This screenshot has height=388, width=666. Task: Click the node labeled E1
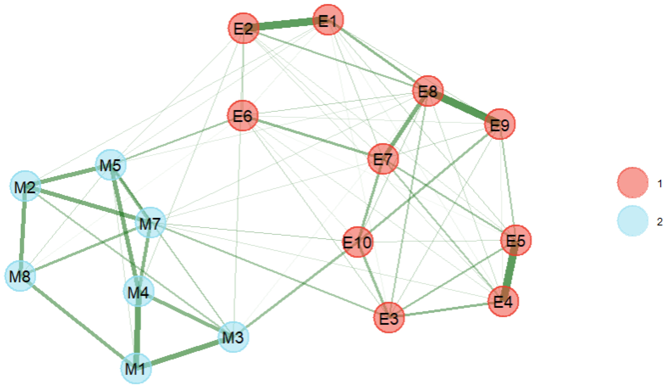pyautogui.click(x=328, y=20)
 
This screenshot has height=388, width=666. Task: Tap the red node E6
pyautogui.click(x=243, y=116)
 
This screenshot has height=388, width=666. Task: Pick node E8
pyautogui.click(x=428, y=91)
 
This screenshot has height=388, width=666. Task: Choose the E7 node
pyautogui.click(x=383, y=159)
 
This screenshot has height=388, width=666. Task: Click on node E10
pyautogui.click(x=358, y=242)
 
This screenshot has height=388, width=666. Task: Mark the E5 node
pyautogui.click(x=516, y=240)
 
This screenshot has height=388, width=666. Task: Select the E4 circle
pyautogui.click(x=503, y=301)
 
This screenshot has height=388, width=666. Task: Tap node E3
pyautogui.click(x=389, y=318)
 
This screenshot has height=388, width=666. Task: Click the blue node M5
pyautogui.click(x=111, y=165)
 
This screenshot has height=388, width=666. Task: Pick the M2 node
pyautogui.click(x=25, y=186)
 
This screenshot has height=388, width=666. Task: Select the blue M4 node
pyautogui.click(x=138, y=291)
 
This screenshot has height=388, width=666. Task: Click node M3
pyautogui.click(x=233, y=337)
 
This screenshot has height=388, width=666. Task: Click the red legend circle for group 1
pyautogui.click(x=633, y=183)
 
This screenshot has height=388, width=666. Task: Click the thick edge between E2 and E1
pyautogui.click(x=285, y=24)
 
